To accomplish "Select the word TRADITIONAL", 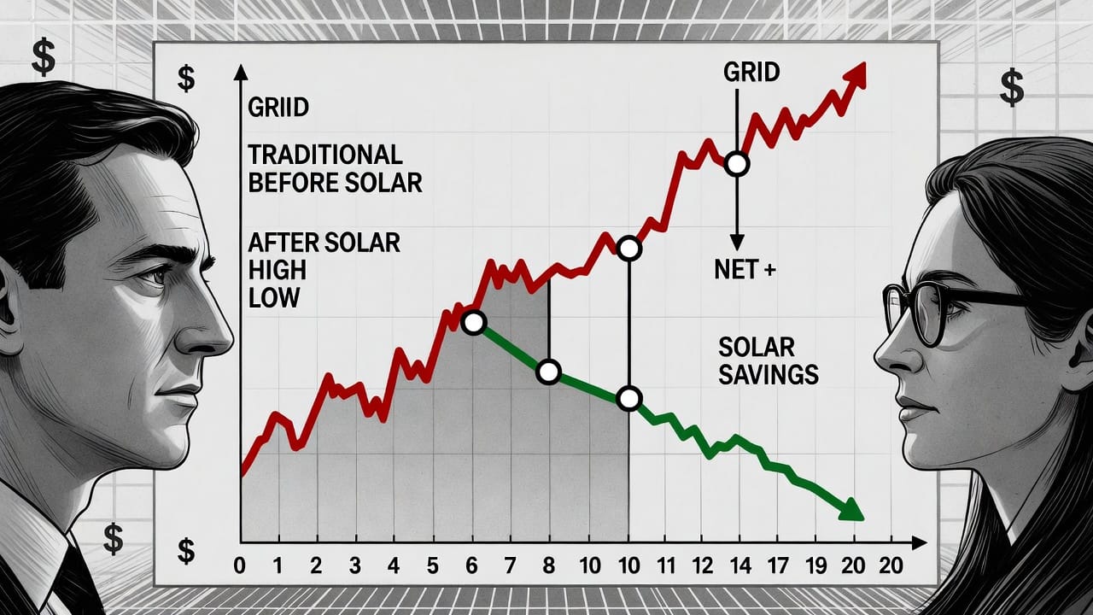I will pyautogui.click(x=324, y=155).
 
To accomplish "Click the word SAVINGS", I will pyautogui.click(x=769, y=374).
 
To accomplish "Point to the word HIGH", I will pyautogui.click(x=277, y=271).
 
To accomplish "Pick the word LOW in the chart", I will pyautogui.click(x=273, y=298).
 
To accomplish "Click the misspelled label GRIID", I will pyautogui.click(x=278, y=108).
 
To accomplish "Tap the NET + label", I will pyautogui.click(x=745, y=270).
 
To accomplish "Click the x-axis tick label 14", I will pyautogui.click(x=741, y=565).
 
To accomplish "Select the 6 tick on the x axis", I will pyautogui.click(x=471, y=565).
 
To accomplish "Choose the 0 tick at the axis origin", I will pyautogui.click(x=239, y=565).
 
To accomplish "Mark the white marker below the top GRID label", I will pyautogui.click(x=736, y=164).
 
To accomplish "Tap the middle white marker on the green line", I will pyautogui.click(x=548, y=372).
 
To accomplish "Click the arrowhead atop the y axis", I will pyautogui.click(x=241, y=72).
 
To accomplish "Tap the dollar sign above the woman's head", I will pyautogui.click(x=1012, y=88).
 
